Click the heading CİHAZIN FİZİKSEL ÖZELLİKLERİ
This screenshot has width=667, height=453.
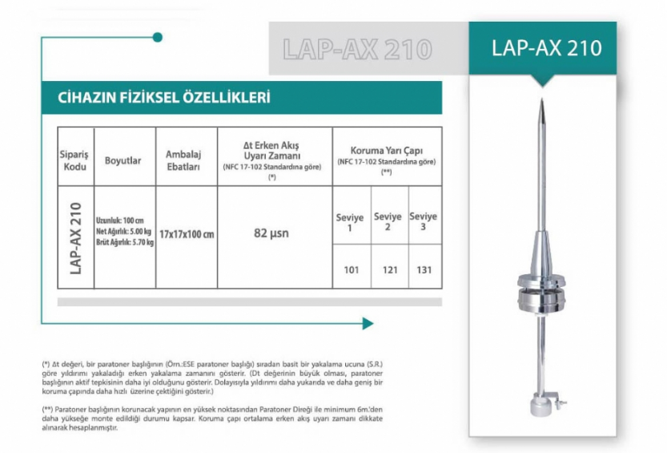point(164,98)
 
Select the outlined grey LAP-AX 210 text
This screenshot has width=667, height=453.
point(357,50)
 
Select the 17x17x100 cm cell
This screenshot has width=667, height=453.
point(186,234)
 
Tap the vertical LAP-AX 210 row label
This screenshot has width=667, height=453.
point(76,238)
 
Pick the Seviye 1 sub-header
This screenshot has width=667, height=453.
point(350,222)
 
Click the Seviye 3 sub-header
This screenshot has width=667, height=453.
point(423,221)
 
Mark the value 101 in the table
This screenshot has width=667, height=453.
point(351,269)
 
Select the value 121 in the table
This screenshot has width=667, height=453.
point(389,269)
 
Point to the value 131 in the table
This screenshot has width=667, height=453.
point(424,269)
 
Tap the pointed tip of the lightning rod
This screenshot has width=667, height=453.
point(542,103)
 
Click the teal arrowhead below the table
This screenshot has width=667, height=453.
point(368,323)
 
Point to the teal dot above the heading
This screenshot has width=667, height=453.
point(158,37)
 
